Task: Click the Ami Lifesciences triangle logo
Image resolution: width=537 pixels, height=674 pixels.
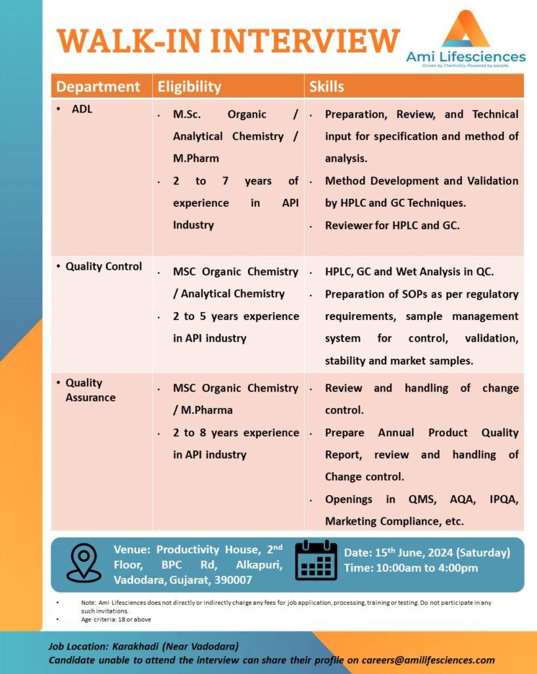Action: pyautogui.click(x=466, y=30)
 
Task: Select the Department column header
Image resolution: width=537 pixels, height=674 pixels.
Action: pyautogui.click(x=98, y=86)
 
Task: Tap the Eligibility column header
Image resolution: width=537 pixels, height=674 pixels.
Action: pyautogui.click(x=188, y=86)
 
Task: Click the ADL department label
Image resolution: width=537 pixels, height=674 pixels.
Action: pyautogui.click(x=82, y=109)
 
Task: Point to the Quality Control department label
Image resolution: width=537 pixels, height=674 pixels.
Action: pyautogui.click(x=103, y=266)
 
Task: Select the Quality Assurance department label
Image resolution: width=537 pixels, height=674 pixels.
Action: pyautogui.click(x=90, y=390)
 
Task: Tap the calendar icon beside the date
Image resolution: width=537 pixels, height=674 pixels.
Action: pyautogui.click(x=316, y=560)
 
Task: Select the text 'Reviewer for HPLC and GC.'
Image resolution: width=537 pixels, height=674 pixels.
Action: pyautogui.click(x=392, y=224)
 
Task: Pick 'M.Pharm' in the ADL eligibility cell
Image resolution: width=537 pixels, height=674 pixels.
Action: pyautogui.click(x=195, y=158)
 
